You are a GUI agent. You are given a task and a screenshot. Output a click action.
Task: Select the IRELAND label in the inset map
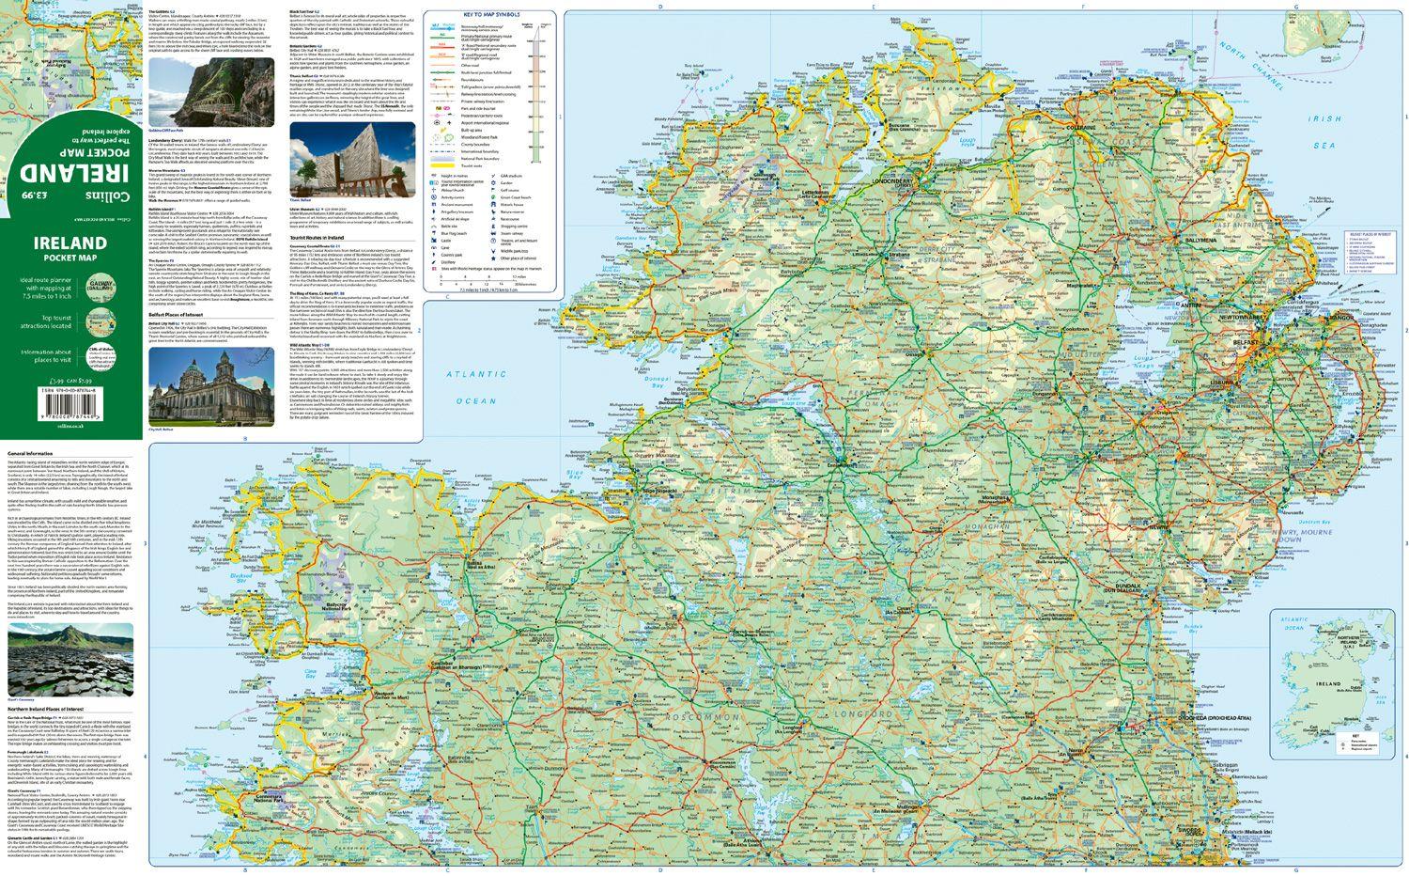coord(1327,685)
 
